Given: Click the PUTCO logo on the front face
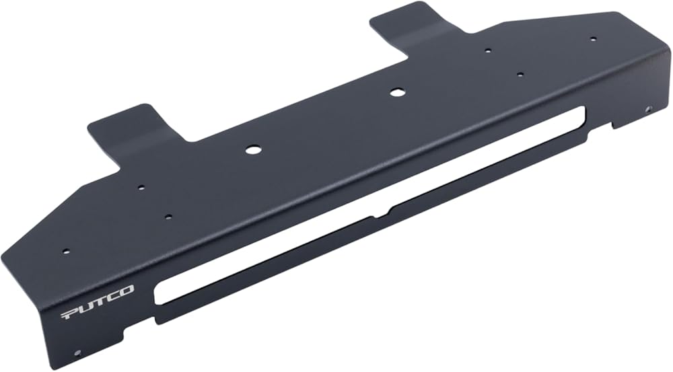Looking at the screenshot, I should (98, 301).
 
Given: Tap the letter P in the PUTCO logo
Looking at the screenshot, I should (69, 313).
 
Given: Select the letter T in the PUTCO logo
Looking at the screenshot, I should (98, 301).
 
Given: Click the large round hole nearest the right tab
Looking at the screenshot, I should (396, 91).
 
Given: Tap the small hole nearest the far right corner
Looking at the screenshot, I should (593, 39).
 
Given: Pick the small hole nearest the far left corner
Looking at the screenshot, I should (65, 252).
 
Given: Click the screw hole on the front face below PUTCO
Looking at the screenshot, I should (78, 352).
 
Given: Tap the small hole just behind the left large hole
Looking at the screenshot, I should (141, 188).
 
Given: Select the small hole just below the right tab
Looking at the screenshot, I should (488, 50).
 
